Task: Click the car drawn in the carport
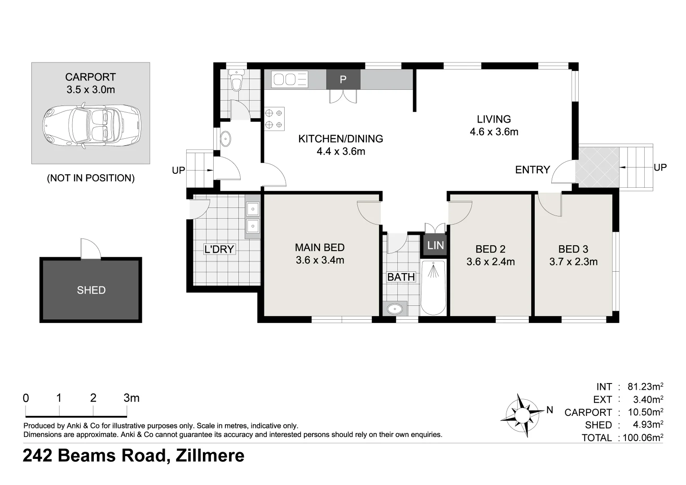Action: point(91,126)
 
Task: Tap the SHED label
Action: point(91,290)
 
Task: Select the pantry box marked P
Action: point(343,79)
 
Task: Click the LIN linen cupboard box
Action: point(435,245)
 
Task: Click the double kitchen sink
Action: point(290,80)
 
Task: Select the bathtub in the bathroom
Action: point(433,287)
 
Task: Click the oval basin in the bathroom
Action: point(395,309)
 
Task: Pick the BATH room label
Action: point(401,277)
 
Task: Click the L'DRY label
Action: point(219,249)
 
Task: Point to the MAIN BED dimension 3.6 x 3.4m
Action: point(320,260)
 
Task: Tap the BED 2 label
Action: point(490,249)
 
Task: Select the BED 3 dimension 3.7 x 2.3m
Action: point(573,262)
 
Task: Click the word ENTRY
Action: point(532,170)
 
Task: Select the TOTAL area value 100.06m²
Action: point(642,438)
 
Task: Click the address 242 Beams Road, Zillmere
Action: point(134,456)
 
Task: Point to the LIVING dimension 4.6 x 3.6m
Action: point(494,132)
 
